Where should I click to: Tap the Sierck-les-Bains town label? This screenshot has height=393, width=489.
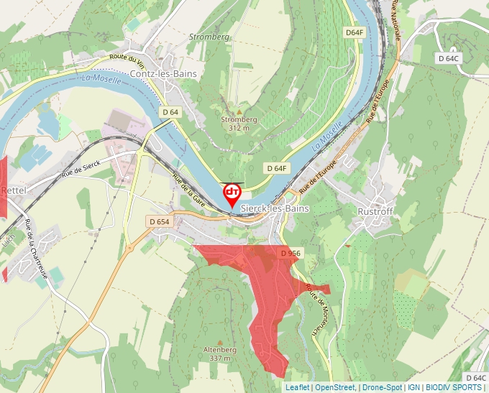coord(275,208)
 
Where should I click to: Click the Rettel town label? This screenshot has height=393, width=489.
coord(14,190)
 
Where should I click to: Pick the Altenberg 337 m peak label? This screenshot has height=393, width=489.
coord(221,353)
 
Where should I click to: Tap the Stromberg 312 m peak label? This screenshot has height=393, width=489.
coord(239,124)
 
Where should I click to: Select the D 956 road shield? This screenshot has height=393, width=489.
coord(290,254)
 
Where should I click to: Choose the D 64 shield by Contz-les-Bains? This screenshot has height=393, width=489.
coord(170,112)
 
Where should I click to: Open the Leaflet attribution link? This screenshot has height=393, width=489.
coord(297,387)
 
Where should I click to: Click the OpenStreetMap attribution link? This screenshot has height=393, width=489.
coord(335,387)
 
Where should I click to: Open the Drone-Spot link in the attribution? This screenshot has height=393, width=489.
coord(382,387)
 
